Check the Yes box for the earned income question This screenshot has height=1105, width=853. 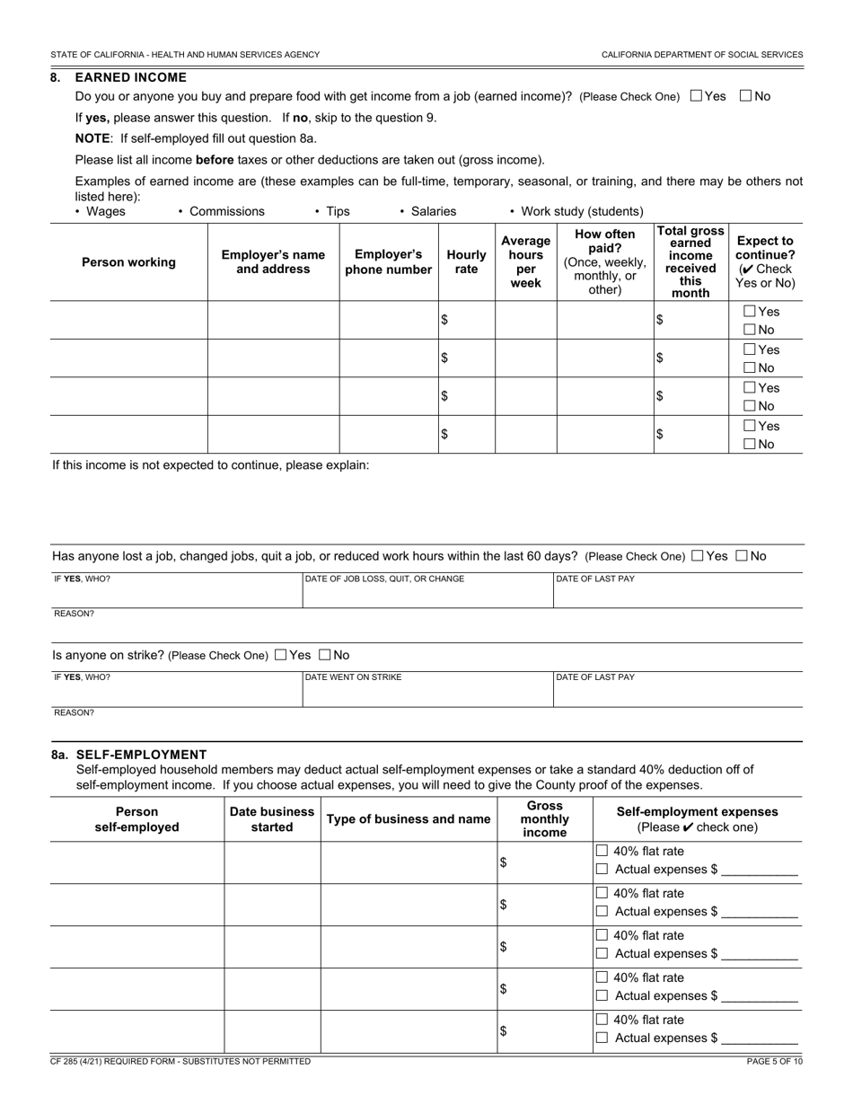(696, 96)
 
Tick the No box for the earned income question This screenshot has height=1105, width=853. (745, 96)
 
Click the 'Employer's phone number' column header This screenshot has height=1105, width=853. (388, 262)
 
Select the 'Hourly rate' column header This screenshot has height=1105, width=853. (466, 262)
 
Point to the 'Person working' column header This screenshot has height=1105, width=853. (128, 262)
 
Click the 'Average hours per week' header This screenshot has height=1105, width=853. (525, 262)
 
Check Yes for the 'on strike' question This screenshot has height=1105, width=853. (281, 655)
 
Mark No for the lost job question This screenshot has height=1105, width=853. (742, 556)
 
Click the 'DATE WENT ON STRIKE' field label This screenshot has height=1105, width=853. (354, 677)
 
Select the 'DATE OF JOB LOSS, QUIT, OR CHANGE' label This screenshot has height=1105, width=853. (384, 579)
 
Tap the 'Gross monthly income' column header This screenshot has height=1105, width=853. (544, 819)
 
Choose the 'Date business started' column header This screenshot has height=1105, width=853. (272, 819)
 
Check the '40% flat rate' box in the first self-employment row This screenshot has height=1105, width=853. (602, 851)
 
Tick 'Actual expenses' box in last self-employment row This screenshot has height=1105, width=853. (602, 1038)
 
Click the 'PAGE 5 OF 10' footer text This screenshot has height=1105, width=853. (774, 1061)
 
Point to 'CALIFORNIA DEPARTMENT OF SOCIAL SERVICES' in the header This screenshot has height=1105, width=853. (702, 55)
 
